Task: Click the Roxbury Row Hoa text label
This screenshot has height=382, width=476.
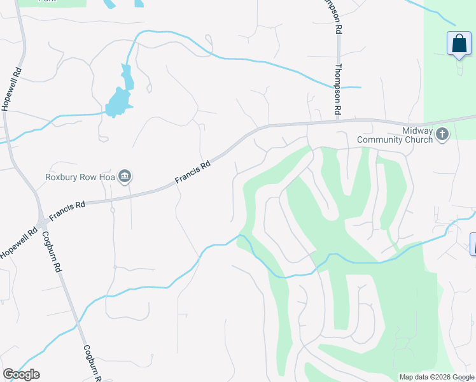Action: click(x=80, y=177)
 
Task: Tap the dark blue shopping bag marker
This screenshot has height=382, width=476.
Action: click(x=459, y=44)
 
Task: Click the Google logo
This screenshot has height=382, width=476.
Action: click(x=21, y=374)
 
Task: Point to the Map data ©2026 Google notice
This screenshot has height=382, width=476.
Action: click(x=437, y=377)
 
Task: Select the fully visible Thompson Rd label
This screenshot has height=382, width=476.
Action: click(x=338, y=90)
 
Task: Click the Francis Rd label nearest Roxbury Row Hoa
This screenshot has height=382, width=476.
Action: click(x=193, y=174)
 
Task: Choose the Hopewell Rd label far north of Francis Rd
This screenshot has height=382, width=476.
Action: click(x=8, y=88)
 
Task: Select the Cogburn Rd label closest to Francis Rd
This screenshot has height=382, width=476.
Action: click(x=52, y=251)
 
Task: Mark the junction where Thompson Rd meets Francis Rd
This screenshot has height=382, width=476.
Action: click(x=337, y=120)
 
